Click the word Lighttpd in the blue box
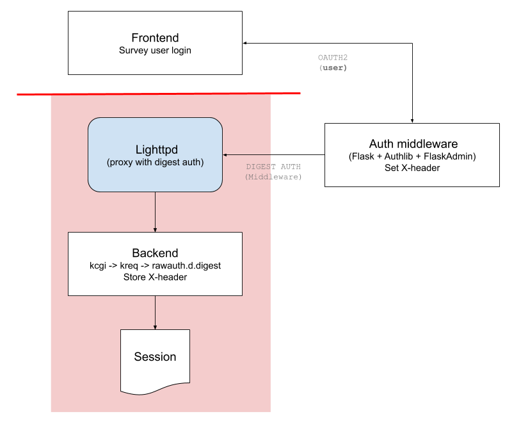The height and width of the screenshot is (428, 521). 156,150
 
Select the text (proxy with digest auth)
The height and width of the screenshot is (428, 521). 156,163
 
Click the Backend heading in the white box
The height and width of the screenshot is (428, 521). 155,252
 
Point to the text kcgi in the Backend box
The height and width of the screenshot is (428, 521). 99,265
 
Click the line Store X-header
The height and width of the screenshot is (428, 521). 155,277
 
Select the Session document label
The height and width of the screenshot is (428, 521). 155,357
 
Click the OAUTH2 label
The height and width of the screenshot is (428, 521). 333,58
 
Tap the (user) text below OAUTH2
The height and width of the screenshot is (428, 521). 333,68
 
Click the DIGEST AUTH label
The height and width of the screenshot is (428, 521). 273,167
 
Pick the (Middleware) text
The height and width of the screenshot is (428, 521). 273,177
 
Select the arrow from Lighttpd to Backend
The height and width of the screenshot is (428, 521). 155,211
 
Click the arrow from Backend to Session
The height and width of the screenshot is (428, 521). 155,312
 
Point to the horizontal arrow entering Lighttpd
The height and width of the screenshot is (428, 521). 250,154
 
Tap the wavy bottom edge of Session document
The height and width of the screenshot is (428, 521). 155,390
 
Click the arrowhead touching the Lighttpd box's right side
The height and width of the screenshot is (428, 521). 225,154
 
